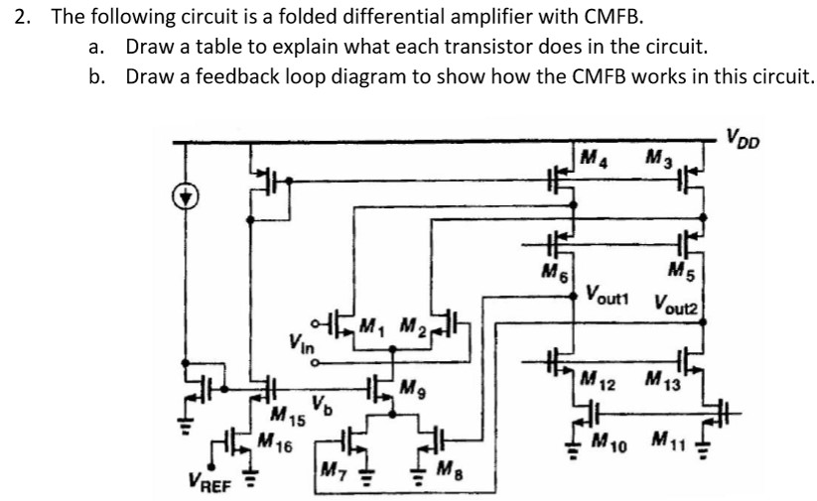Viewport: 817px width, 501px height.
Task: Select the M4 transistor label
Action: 596,158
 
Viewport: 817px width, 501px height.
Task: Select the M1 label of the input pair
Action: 371,324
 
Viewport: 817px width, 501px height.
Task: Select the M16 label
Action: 263,440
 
